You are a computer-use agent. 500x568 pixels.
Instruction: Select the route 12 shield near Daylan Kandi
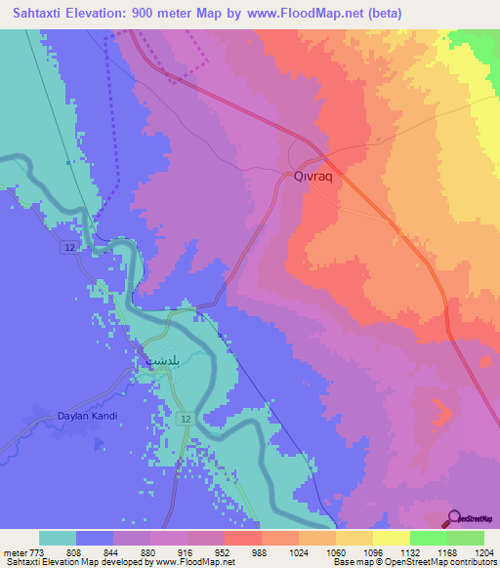185,418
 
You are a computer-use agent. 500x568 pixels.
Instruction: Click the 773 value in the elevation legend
33,552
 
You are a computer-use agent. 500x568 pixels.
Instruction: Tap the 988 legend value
260,552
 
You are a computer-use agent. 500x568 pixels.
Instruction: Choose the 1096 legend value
371,552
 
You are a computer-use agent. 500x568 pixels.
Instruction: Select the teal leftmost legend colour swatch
58,538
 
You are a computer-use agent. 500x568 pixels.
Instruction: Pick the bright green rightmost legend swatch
465,538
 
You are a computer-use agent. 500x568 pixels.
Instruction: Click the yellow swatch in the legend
391,538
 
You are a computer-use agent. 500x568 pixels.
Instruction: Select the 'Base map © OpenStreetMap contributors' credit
414,562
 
